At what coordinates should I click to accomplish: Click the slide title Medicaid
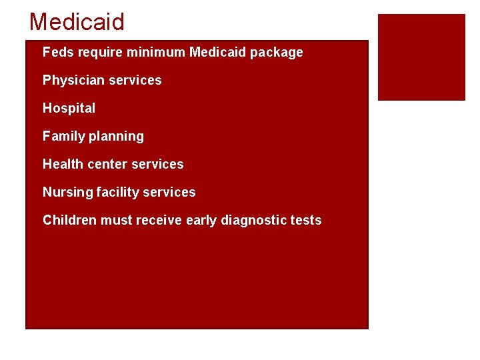(x=77, y=22)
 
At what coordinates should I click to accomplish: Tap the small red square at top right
(x=421, y=57)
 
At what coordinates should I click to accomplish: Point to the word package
(x=276, y=53)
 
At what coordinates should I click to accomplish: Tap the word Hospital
(x=69, y=108)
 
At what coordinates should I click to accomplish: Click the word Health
(x=63, y=164)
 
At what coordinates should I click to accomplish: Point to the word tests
(x=306, y=220)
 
